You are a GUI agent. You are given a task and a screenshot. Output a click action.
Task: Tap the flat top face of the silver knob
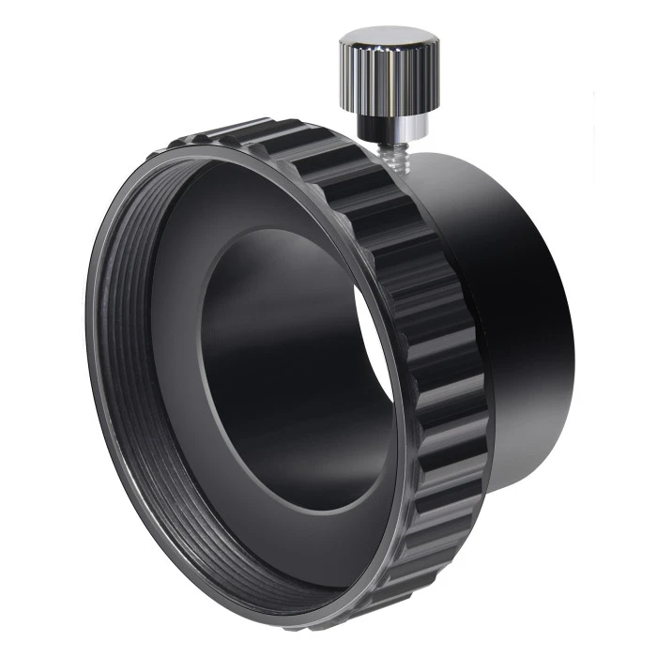click(385, 39)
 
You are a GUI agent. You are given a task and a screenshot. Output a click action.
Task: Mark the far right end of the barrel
click(561, 310)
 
